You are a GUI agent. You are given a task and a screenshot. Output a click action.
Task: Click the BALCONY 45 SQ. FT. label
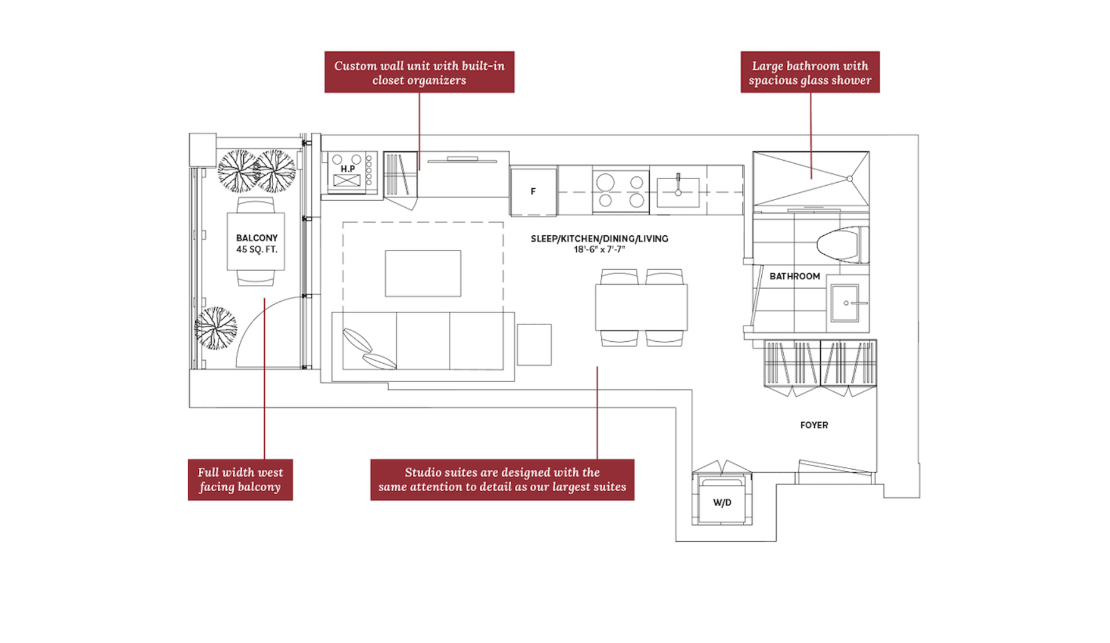pyautogui.click(x=257, y=244)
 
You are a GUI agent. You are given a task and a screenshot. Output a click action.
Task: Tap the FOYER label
pyautogui.click(x=814, y=425)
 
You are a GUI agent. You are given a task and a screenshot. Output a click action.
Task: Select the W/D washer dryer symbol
pyautogui.click(x=722, y=502)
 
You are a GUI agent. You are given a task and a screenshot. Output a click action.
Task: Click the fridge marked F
pyautogui.click(x=533, y=192)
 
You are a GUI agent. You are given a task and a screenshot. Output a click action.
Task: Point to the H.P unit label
pyautogui.click(x=348, y=169)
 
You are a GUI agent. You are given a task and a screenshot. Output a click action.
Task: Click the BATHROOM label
pyautogui.click(x=795, y=276)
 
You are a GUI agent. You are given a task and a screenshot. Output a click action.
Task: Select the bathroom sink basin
pyautogui.click(x=845, y=303)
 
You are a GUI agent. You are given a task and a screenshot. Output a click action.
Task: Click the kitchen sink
pyautogui.click(x=678, y=192)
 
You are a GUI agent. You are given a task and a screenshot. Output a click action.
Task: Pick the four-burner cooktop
pyautogui.click(x=621, y=191)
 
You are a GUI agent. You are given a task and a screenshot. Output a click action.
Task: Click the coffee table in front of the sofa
pyautogui.click(x=423, y=273)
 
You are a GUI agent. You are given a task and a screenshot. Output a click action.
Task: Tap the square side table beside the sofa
pyautogui.click(x=534, y=345)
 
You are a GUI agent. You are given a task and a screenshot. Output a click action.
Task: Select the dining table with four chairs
pyautogui.click(x=641, y=307)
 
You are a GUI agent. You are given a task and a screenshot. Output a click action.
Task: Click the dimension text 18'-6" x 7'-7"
pyautogui.click(x=599, y=249)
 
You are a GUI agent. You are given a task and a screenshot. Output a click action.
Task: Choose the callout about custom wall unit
pyautogui.click(x=419, y=72)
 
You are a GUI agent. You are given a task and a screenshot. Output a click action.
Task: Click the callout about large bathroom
pyautogui.click(x=809, y=72)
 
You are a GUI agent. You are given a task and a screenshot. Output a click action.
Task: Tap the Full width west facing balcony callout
pyautogui.click(x=240, y=479)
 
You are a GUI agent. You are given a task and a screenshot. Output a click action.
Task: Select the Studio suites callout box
pyautogui.click(x=502, y=479)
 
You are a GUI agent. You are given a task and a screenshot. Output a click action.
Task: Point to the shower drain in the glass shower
pyautogui.click(x=849, y=179)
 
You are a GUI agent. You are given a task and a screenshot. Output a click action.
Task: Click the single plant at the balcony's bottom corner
pyautogui.click(x=215, y=328)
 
